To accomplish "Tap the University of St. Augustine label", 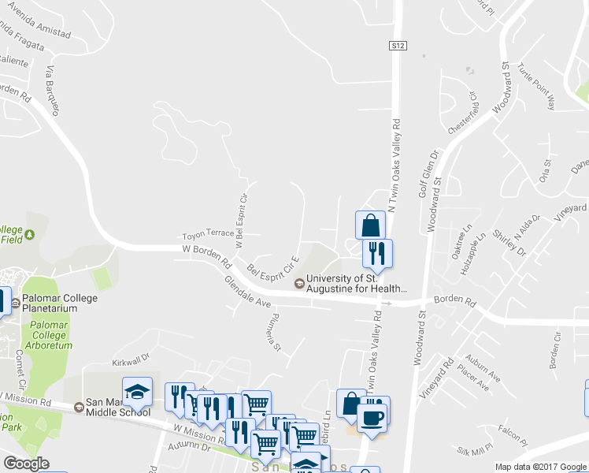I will click(x=356, y=284).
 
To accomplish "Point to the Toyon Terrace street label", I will click(x=208, y=234).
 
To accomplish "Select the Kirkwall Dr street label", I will click(x=130, y=360).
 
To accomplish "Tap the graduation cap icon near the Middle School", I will click(x=137, y=392).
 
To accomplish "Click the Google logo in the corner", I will click(x=26, y=464).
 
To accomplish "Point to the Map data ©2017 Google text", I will click(x=541, y=467).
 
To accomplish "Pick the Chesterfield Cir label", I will click(x=463, y=113).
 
